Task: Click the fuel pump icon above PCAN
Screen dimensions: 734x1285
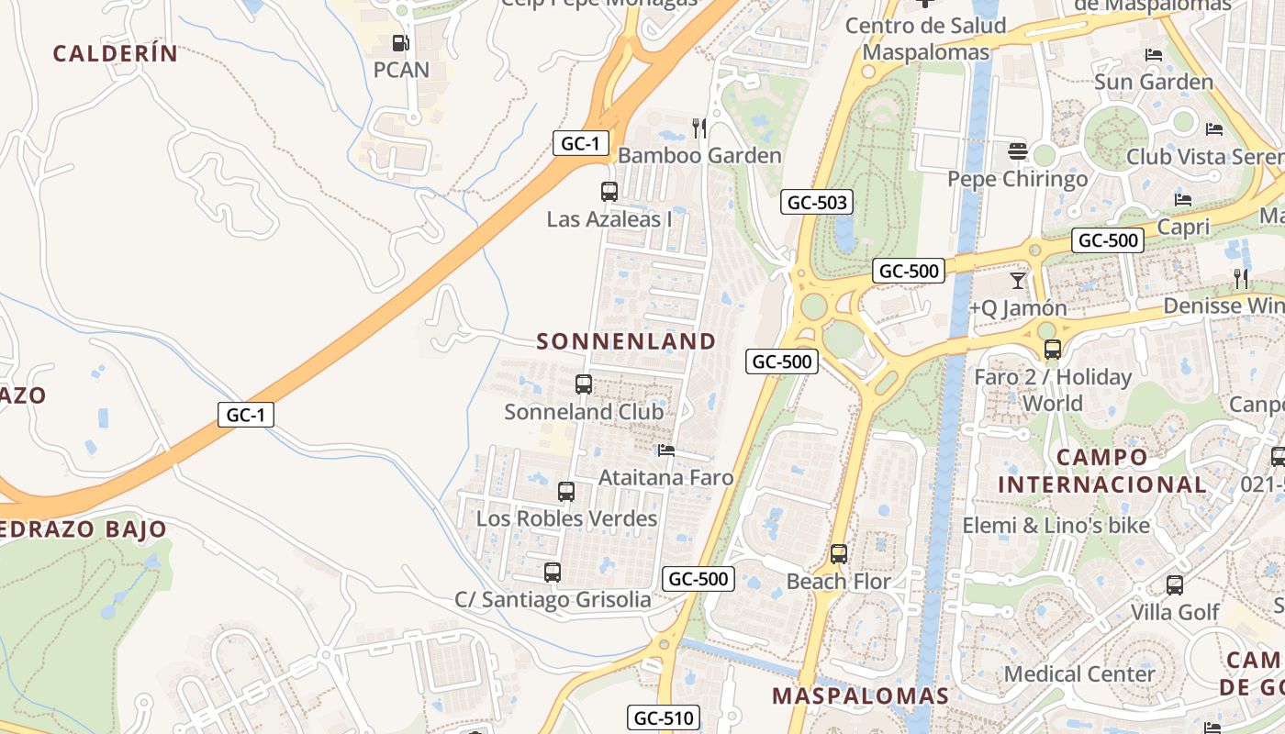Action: click(400, 42)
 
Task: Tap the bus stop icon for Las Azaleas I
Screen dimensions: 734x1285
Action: click(609, 192)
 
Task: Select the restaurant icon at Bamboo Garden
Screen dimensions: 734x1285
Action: click(699, 128)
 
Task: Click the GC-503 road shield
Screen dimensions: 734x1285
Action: click(817, 203)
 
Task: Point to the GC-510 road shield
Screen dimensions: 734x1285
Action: click(664, 717)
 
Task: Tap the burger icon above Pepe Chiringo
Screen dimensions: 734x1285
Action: click(1017, 150)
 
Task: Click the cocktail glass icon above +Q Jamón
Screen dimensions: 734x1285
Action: click(1017, 280)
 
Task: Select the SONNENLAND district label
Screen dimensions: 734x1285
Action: click(626, 341)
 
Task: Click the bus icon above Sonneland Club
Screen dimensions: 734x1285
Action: click(584, 384)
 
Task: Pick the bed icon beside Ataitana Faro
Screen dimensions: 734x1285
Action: click(666, 450)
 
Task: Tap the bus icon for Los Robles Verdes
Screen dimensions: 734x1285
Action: click(566, 491)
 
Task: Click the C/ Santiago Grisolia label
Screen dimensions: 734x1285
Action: click(553, 600)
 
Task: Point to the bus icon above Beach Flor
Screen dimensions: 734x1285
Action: click(838, 554)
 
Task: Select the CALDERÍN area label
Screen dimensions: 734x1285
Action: click(115, 53)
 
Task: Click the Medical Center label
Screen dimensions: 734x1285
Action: click(1078, 673)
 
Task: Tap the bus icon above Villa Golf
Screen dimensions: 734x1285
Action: click(1174, 585)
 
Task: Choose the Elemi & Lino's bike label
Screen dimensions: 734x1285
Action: click(1056, 526)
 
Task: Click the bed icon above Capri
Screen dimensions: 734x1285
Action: click(1183, 199)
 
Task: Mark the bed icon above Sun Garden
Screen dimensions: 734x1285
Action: click(1154, 55)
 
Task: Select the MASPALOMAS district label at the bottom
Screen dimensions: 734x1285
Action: click(860, 695)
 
